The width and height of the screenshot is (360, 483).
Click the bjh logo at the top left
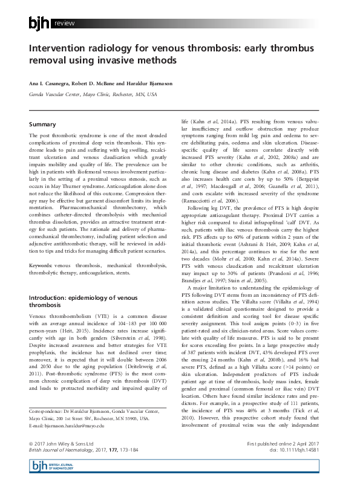[x=40, y=23]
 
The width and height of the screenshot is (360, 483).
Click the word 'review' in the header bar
[x=65, y=24]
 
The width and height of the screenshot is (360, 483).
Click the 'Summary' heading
[x=42, y=124]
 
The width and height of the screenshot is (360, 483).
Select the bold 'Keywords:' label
[x=41, y=248]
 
